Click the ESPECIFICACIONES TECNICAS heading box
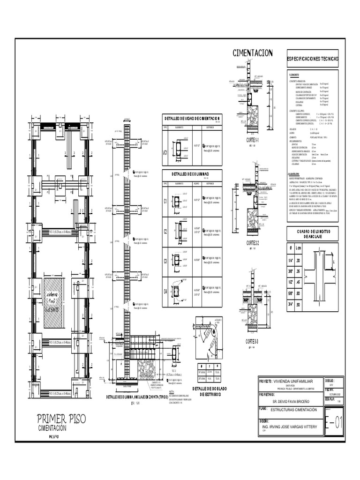pyautogui.click(x=312, y=60)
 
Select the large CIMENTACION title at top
pyautogui.click(x=253, y=53)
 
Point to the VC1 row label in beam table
pyautogui.click(x=165, y=152)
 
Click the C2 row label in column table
pyautogui.click(x=165, y=231)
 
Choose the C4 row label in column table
pyautogui.click(x=165, y=291)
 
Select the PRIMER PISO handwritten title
pyautogui.click(x=63, y=419)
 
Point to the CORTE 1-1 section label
pyautogui.click(x=252, y=140)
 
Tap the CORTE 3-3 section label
pyautogui.click(x=252, y=341)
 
